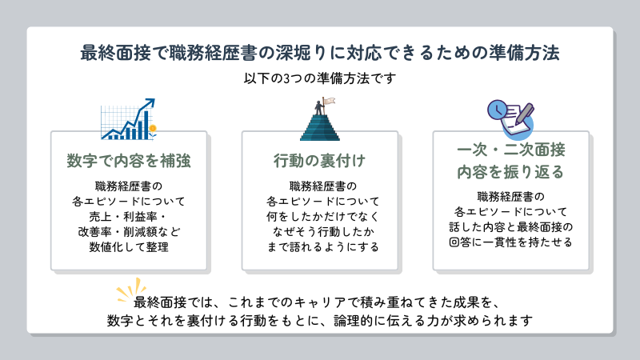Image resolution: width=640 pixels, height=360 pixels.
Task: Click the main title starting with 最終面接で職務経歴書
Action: coord(319,53)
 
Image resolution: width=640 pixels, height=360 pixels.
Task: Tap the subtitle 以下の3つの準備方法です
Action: coord(319,78)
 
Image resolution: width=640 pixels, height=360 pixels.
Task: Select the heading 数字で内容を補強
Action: coord(129,161)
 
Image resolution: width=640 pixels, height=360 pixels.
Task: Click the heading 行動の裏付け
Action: coord(319,161)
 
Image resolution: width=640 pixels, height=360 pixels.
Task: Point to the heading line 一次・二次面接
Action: coord(511,150)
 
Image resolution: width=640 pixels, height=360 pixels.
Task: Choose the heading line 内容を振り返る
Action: coord(510,172)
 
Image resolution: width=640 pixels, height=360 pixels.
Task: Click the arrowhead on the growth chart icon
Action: coord(150,102)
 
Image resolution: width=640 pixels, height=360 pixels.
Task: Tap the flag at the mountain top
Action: coord(329,101)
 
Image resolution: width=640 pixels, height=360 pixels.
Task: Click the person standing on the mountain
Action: coord(318,108)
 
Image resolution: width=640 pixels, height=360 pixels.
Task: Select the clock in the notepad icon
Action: coord(497,110)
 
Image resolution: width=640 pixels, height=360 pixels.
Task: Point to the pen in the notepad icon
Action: coord(525,114)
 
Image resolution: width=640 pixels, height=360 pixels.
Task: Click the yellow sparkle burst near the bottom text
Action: coord(130,290)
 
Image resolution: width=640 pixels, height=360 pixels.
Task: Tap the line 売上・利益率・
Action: coord(129,216)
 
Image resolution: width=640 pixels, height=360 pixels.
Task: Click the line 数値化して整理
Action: coord(129,247)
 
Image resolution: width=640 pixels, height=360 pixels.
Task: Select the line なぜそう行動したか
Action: coord(323,232)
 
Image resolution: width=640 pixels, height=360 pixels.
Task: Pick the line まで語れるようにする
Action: coord(323,247)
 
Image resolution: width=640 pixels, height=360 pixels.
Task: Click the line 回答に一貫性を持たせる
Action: coord(510,242)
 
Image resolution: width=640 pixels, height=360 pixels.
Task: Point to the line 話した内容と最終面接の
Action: coord(510,227)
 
